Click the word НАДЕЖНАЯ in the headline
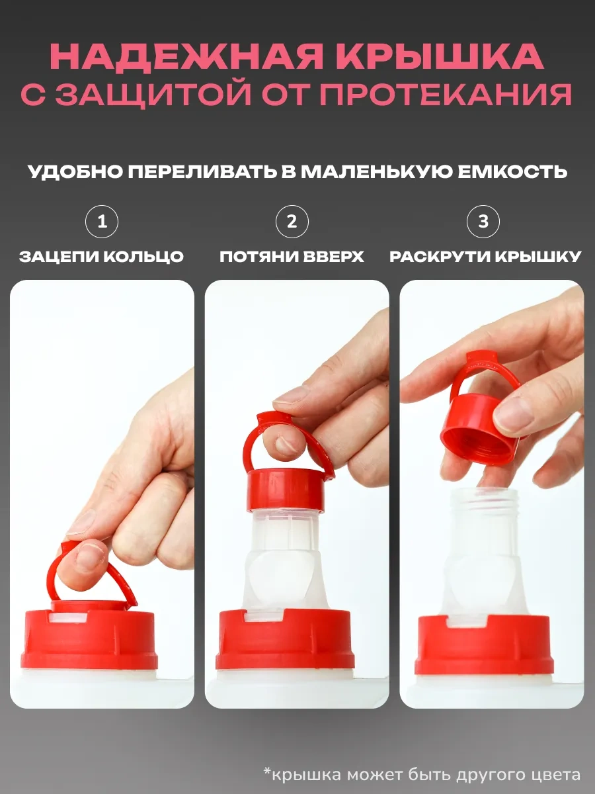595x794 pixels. [186, 56]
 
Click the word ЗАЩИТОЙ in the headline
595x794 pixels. [153, 95]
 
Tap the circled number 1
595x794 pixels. [102, 222]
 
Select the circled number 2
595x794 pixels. [292, 222]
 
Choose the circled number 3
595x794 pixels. [483, 222]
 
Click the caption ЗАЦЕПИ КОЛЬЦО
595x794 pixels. [102, 257]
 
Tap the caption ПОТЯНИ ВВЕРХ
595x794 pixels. [292, 257]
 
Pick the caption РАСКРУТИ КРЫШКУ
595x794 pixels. [485, 257]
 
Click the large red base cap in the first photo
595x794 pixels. [89, 644]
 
